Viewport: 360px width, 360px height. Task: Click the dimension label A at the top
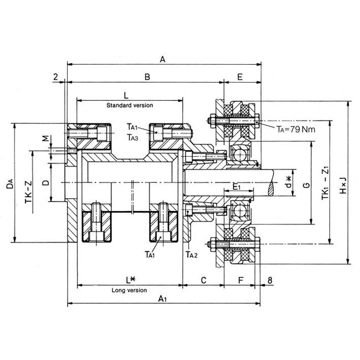click(x=162, y=58)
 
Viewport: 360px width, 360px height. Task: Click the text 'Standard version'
click(x=129, y=105)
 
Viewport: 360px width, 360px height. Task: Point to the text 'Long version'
click(x=129, y=290)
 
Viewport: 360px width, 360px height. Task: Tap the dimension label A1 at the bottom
click(x=162, y=299)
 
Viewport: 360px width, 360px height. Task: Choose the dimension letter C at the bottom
click(x=203, y=280)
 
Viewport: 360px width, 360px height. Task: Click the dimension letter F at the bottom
click(x=240, y=280)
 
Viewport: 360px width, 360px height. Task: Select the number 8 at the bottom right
click(x=270, y=280)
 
